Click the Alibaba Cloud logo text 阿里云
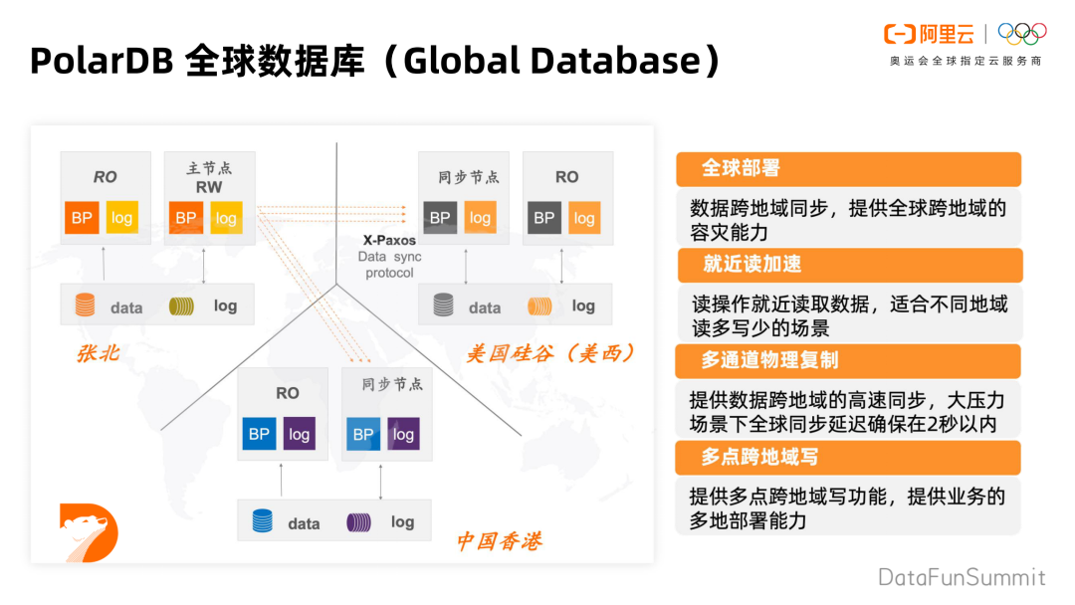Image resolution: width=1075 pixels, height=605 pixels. [x=946, y=35]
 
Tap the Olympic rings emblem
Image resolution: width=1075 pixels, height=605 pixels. [x=1022, y=35]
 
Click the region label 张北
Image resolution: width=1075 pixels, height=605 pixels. [x=99, y=352]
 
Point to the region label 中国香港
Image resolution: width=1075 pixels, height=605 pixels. [x=499, y=541]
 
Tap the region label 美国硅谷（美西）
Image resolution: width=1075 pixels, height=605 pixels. [x=550, y=353]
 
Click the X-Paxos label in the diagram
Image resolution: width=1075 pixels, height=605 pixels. [x=388, y=240]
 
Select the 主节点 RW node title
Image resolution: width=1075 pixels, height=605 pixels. [x=209, y=177]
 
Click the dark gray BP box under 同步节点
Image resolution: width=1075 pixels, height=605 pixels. [x=440, y=218]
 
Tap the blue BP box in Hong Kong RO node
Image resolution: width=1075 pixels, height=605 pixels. [x=260, y=434]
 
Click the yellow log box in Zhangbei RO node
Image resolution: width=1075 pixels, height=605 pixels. [x=122, y=218]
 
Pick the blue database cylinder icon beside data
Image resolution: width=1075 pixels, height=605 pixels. [x=262, y=520]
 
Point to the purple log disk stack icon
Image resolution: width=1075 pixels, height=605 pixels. [x=358, y=521]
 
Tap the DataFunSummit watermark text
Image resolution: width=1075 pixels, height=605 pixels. [x=962, y=577]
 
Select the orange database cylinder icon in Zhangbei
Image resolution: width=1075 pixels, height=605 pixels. [x=85, y=305]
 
